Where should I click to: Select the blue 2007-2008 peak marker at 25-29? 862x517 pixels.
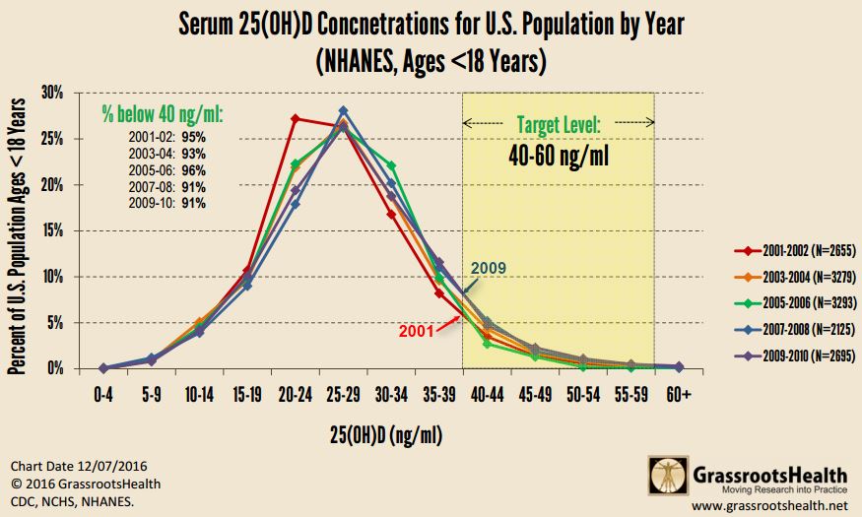coord(344,111)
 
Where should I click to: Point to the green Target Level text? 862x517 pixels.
coord(559,124)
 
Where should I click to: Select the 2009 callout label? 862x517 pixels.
coord(490,267)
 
